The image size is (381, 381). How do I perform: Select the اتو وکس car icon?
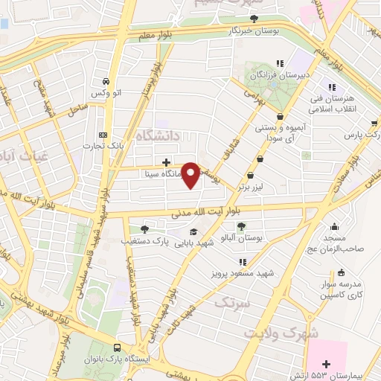pos(106,81)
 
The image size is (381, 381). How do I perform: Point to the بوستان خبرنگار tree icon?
pos(254,19)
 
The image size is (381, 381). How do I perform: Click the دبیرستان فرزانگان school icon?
pos(280,64)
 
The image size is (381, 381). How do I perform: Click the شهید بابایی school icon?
pos(194,231)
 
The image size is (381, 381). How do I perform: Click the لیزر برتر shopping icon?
pos(260,158)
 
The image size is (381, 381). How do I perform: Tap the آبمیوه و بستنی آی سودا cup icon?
pos(280,117)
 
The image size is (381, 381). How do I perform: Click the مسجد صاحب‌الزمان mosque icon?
pos(336,227)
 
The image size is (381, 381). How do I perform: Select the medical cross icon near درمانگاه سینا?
pos(166,162)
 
